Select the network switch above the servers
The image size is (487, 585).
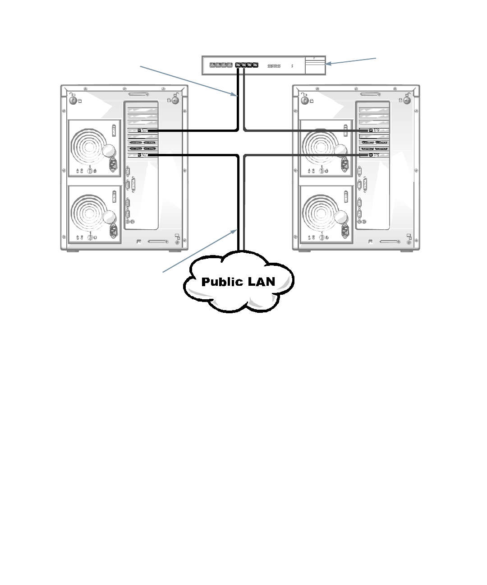click(x=263, y=65)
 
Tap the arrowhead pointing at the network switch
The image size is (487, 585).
click(x=328, y=64)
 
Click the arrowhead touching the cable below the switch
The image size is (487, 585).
click(x=235, y=95)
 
